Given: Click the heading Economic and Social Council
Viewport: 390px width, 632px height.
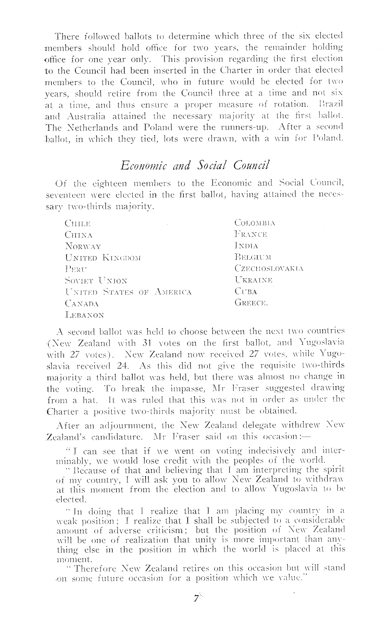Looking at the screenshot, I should [194, 165].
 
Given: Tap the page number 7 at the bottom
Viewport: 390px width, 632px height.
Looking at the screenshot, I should [196, 598].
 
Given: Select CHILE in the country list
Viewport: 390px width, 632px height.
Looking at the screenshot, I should [78, 223].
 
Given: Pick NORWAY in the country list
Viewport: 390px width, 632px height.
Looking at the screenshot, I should [83, 246].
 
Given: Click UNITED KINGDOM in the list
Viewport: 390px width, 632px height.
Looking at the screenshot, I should [103, 258].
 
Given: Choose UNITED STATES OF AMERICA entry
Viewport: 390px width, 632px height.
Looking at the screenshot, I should [128, 292].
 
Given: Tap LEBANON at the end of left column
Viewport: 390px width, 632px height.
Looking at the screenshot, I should [84, 315].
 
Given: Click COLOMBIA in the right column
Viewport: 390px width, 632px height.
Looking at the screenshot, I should [255, 223].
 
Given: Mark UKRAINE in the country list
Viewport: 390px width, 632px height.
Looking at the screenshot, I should [253, 280].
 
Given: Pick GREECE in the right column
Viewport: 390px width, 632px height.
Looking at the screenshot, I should [251, 303].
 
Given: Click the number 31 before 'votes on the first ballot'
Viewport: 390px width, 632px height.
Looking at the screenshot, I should [145, 343].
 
